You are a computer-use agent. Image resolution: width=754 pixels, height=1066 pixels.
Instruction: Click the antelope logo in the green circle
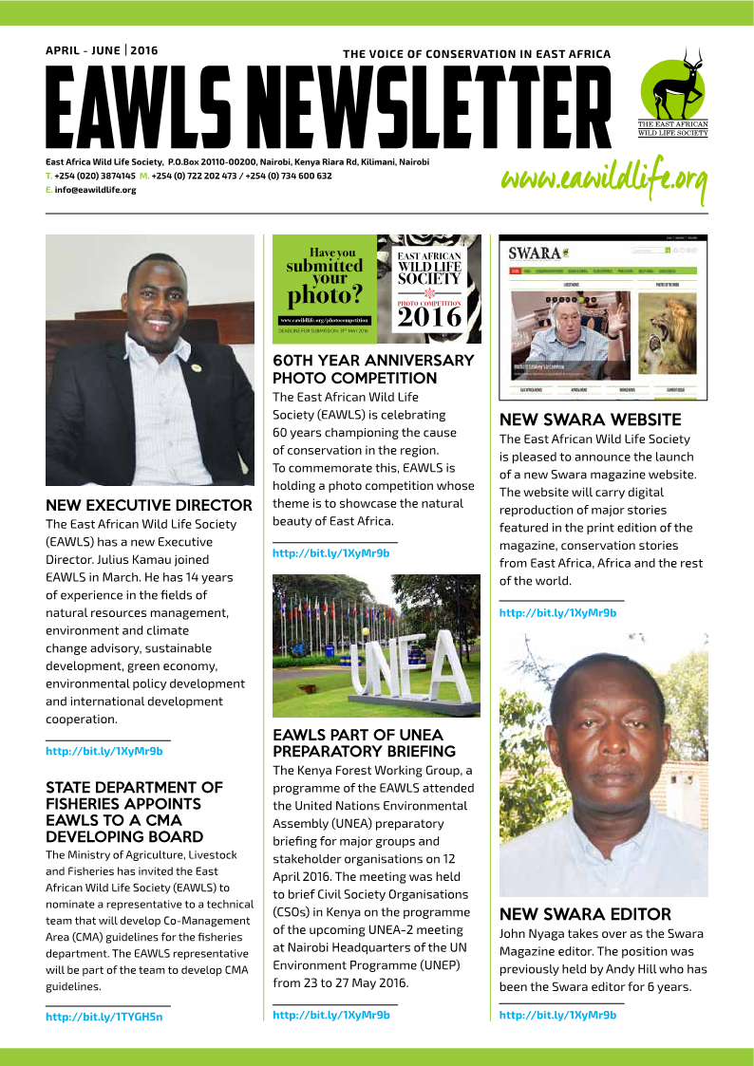(672, 86)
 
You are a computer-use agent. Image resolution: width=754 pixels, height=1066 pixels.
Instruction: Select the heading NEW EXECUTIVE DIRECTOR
(149, 505)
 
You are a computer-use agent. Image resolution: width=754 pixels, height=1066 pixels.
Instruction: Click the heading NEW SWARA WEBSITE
(591, 420)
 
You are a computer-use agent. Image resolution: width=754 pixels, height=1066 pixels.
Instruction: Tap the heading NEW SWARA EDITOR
(585, 914)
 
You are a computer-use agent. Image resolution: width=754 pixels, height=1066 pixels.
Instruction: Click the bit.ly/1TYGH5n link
(104, 1017)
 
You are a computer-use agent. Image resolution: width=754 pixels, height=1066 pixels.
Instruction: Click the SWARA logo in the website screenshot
(535, 253)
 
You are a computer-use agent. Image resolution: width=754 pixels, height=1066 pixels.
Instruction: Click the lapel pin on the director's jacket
(194, 367)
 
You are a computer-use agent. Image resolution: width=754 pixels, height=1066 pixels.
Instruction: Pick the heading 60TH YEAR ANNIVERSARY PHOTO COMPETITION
(373, 369)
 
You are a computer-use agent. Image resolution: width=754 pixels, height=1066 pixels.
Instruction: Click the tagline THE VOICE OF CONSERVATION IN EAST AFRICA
(477, 54)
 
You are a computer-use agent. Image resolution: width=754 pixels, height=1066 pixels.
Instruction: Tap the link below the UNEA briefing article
(331, 1015)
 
